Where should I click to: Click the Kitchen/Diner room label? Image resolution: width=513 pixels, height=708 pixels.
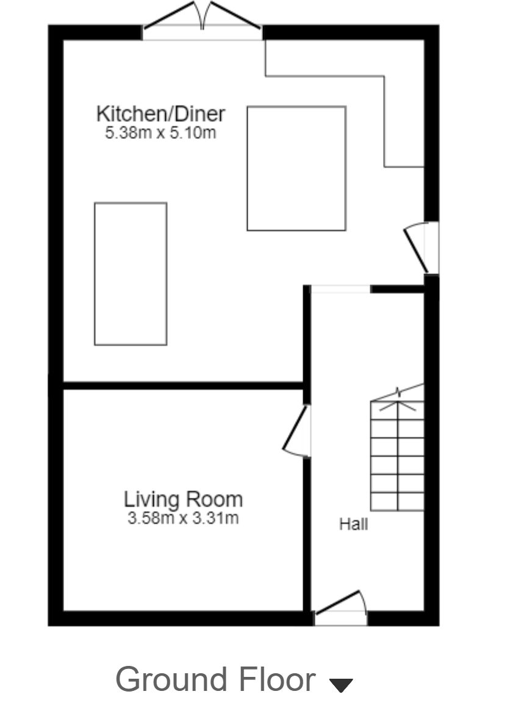point(160,113)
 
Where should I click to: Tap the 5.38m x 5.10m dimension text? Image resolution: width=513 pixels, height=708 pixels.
point(160,132)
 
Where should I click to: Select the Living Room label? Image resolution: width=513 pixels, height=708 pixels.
point(183,499)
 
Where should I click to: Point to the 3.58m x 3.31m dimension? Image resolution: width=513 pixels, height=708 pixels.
point(183,518)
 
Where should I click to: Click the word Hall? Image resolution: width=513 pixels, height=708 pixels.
point(353,523)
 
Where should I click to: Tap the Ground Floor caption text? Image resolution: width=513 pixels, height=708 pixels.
point(215,679)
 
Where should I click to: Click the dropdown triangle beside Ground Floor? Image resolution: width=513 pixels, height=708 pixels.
point(341,684)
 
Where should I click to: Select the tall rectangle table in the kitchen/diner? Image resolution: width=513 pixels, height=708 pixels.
point(131,274)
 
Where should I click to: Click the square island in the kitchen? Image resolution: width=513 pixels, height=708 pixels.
point(296,168)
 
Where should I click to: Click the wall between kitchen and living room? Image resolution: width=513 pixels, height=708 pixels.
point(183,385)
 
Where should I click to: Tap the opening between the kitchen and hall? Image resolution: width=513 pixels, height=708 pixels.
point(340,289)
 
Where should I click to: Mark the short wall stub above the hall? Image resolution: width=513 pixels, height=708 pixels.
point(397,289)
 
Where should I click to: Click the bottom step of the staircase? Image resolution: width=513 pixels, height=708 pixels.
point(397,501)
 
